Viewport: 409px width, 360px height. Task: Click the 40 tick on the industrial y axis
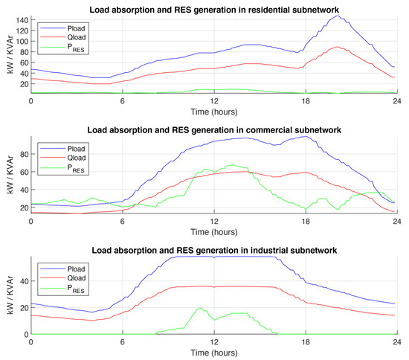tap(22, 281)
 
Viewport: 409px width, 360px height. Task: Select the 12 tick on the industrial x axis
tap(214, 341)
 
